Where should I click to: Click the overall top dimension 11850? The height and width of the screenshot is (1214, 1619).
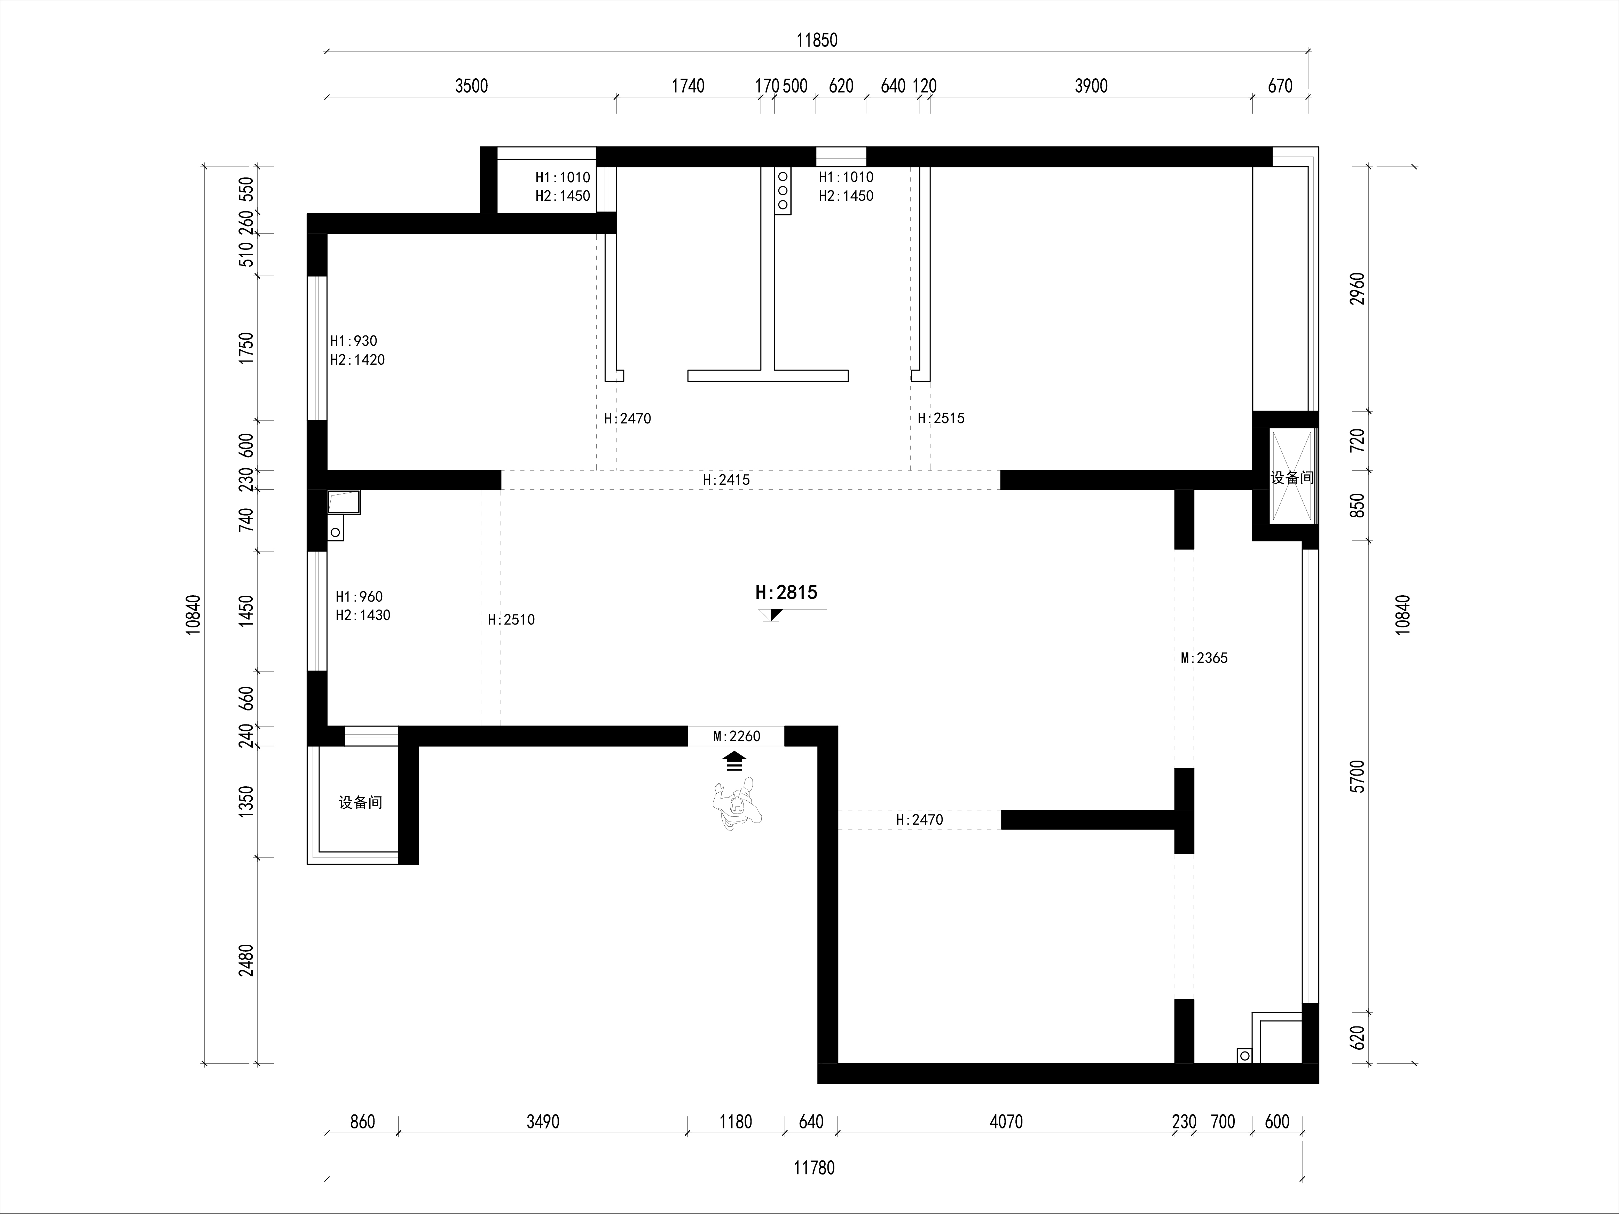click(817, 40)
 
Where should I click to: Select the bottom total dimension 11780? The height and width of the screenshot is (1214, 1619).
click(814, 1168)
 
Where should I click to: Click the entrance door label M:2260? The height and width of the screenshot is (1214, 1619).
click(736, 736)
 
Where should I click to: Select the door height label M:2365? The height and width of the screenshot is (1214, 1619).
click(1204, 658)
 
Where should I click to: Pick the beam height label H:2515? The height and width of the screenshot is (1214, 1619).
click(941, 419)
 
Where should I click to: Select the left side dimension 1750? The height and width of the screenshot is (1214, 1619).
click(247, 348)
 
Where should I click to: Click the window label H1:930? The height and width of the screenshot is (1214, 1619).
click(354, 341)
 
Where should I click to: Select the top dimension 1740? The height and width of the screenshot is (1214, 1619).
click(688, 86)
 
